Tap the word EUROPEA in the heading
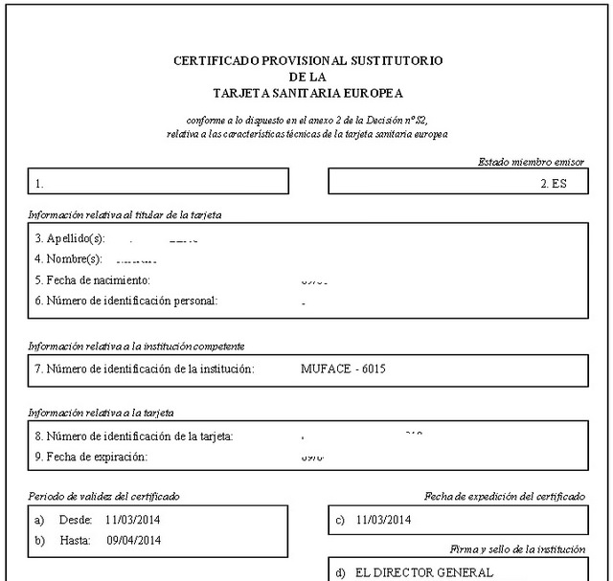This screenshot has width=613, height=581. click(371, 93)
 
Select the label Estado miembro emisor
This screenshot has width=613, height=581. click(531, 163)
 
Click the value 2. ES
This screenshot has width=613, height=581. click(553, 182)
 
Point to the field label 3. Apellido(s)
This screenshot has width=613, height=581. click(69, 238)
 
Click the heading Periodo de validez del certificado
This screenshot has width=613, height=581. click(104, 496)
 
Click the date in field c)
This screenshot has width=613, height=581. click(382, 520)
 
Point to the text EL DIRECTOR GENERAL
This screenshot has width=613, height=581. click(423, 572)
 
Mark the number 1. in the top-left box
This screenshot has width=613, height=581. click(39, 182)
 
